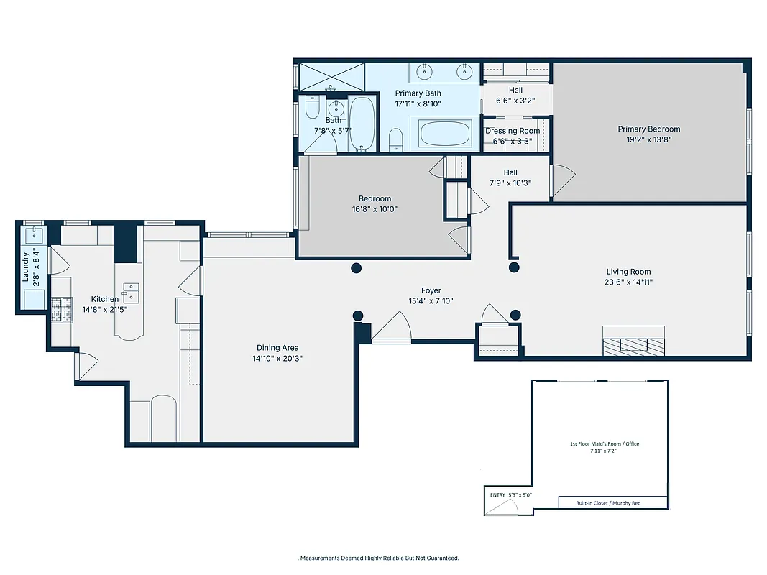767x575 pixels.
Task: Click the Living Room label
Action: click(628, 272)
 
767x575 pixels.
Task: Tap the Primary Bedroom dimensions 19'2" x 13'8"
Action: click(648, 140)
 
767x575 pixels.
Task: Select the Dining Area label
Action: click(277, 348)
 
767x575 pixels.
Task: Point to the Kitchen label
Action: click(105, 299)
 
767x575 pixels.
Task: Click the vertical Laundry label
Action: click(27, 266)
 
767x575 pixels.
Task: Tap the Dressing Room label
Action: click(512, 131)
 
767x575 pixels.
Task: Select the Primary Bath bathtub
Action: click(445, 134)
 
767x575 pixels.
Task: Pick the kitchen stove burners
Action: click(61, 309)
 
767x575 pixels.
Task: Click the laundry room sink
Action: click(33, 234)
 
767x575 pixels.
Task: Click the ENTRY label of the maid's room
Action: click(497, 494)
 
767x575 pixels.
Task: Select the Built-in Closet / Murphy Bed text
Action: click(608, 503)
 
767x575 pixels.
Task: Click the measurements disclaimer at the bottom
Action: click(379, 558)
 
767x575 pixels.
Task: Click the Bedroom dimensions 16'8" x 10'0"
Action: click(375, 209)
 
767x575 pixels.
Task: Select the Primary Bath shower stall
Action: click(331, 76)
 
